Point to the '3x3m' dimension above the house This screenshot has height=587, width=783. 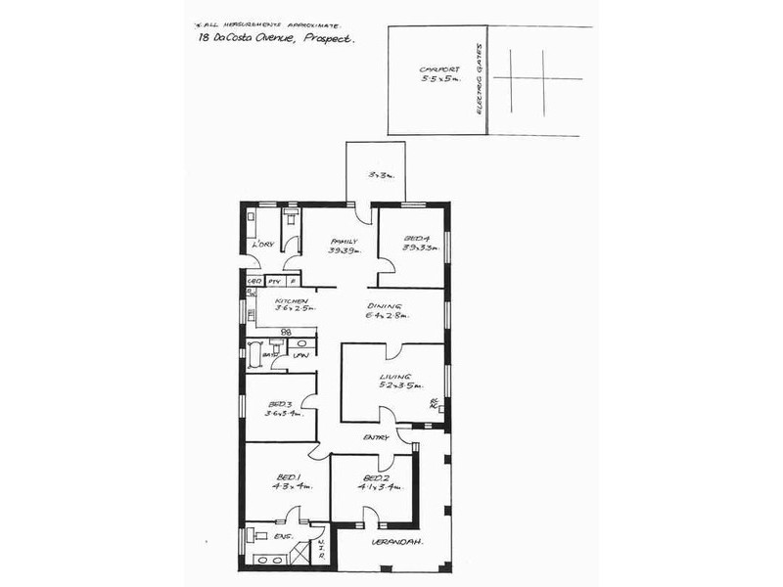click(379, 175)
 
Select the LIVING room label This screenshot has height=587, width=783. click(394, 377)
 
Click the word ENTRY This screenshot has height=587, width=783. click(376, 437)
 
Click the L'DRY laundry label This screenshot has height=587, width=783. click(261, 244)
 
